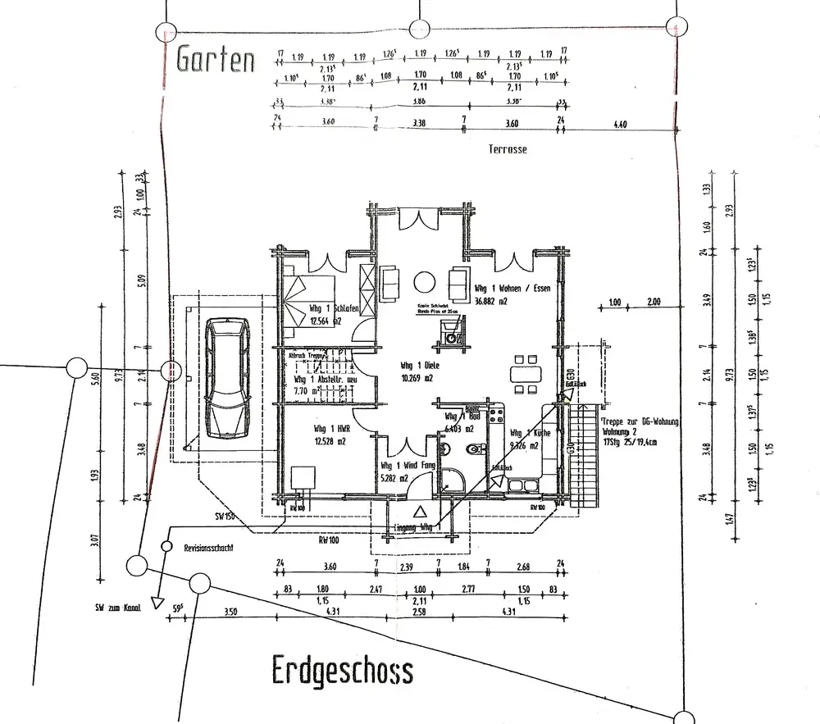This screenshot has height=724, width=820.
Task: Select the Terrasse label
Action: coord(508,149)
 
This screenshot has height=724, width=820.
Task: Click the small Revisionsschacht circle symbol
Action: coord(166,546)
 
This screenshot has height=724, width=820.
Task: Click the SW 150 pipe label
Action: coord(225,517)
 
